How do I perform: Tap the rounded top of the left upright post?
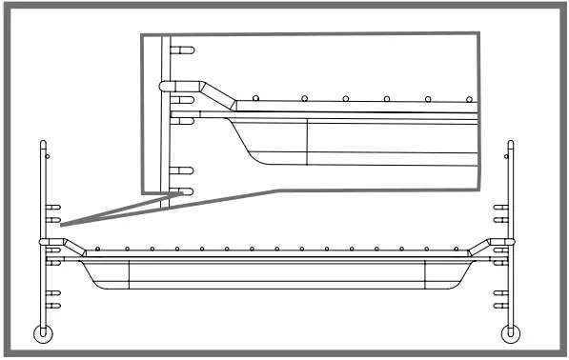(43, 144)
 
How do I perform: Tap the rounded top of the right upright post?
(512, 144)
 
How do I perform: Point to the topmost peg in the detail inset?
(186, 50)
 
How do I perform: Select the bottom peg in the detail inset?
(185, 190)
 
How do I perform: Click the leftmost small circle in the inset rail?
(258, 98)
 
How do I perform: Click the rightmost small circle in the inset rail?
(468, 98)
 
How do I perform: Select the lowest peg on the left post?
(53, 306)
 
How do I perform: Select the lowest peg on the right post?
(500, 306)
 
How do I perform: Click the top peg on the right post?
(500, 206)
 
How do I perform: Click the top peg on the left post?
(54, 206)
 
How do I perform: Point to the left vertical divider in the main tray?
(129, 272)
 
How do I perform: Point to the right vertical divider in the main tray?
(425, 272)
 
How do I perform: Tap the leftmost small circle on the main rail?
(103, 250)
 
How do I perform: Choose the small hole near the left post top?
(49, 154)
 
